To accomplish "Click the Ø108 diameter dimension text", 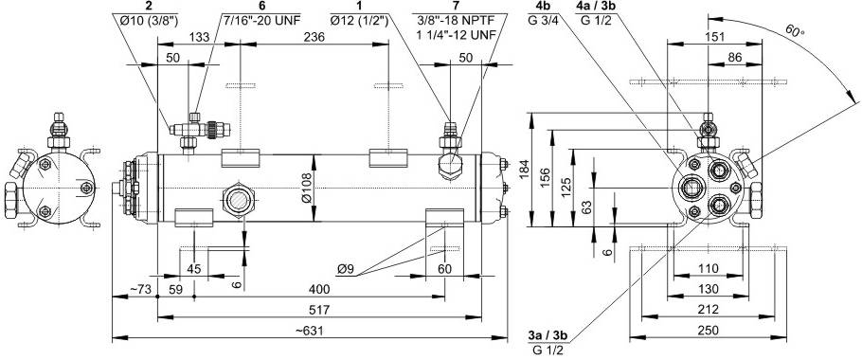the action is [306, 188].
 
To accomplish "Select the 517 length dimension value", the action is [319, 310].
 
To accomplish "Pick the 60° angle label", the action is [795, 31].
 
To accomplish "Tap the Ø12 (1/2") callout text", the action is [360, 22].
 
